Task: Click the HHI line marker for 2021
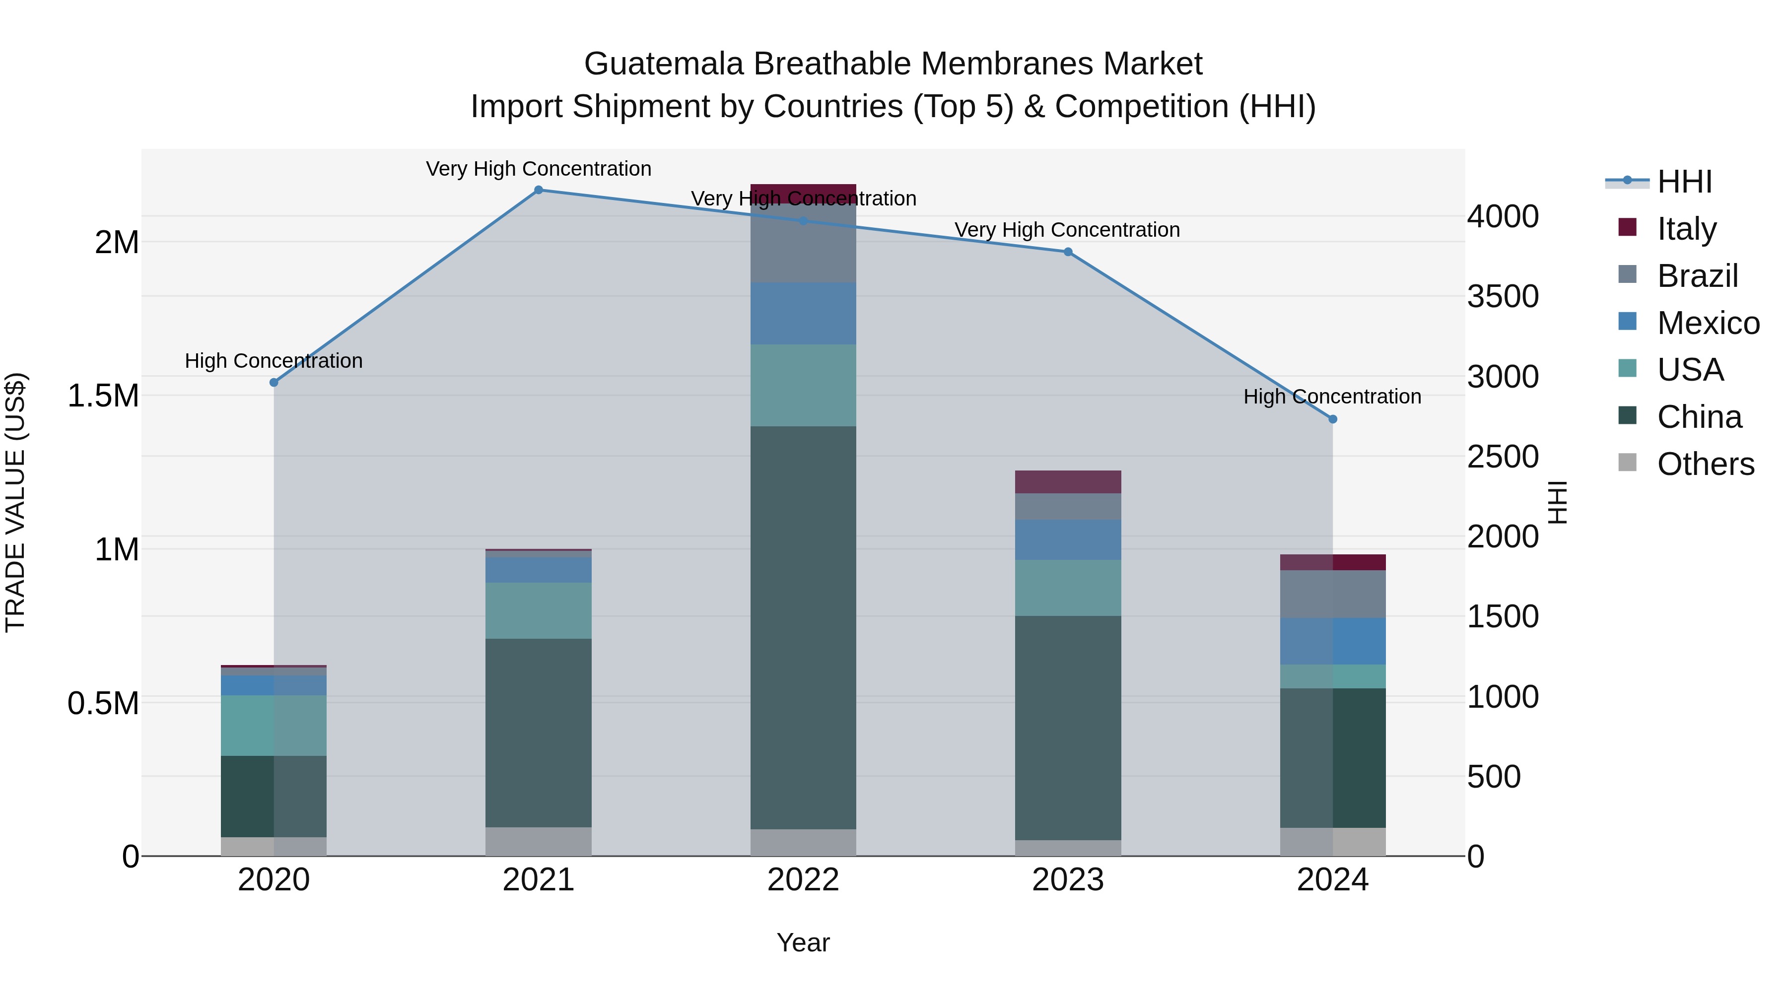(538, 190)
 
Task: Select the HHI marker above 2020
(274, 382)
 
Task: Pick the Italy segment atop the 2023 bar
(1068, 482)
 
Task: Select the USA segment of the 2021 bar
(538, 610)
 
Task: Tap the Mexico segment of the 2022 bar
(803, 314)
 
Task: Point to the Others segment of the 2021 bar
(538, 841)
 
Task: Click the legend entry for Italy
(1686, 228)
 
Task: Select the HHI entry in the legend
(1684, 182)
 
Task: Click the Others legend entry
(1705, 464)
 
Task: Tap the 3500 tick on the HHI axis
(1503, 297)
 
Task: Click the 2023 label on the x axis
(1068, 880)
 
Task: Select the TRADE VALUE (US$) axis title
(15, 502)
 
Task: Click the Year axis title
(803, 942)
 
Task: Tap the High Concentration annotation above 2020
(274, 361)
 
